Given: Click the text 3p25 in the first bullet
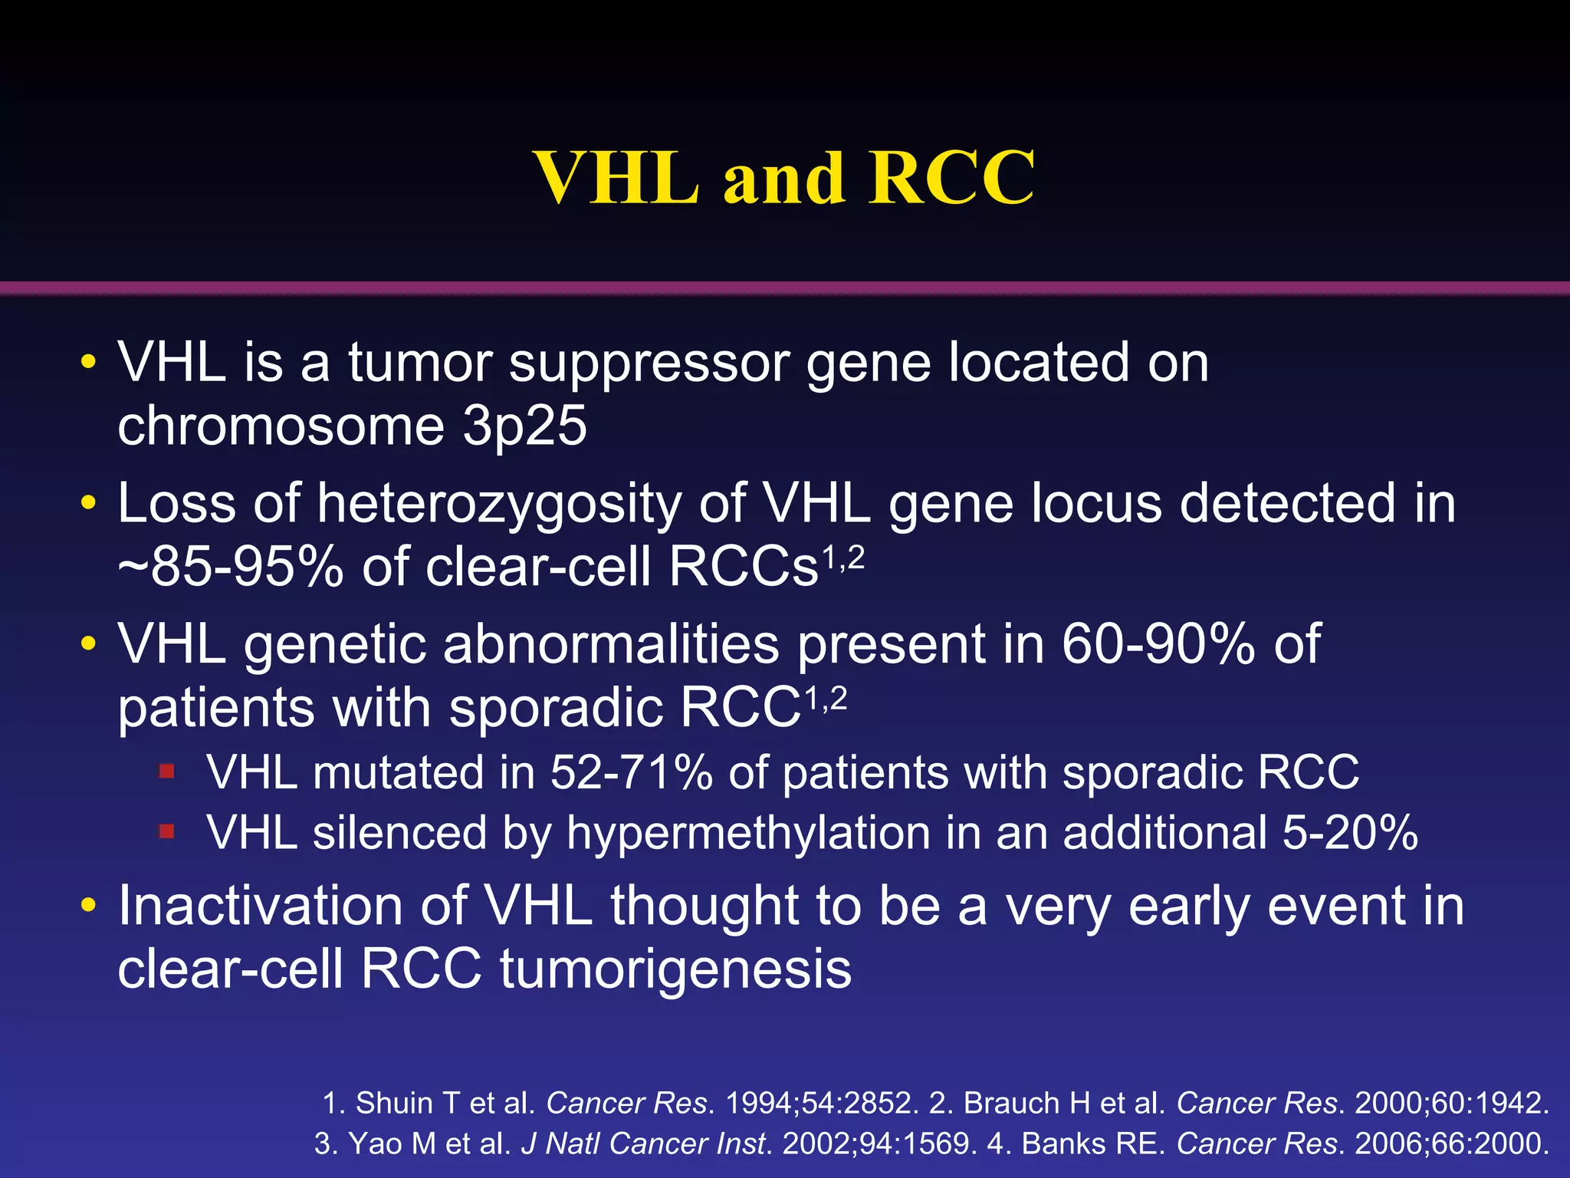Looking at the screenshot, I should [524, 426].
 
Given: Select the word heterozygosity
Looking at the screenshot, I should [498, 504].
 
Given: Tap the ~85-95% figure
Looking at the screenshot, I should [230, 568].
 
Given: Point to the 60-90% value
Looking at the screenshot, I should [1158, 644].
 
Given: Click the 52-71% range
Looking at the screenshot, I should [632, 772].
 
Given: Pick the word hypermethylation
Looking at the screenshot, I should [747, 834].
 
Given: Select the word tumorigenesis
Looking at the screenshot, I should [675, 969].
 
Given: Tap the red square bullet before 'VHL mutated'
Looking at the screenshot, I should [166, 770].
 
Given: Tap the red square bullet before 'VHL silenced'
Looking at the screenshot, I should [166, 831].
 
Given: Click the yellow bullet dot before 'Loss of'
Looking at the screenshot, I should [89, 504].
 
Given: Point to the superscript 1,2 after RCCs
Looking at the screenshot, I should [843, 558].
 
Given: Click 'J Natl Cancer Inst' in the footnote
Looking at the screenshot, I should [644, 1143].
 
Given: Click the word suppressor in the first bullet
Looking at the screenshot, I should [649, 364].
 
